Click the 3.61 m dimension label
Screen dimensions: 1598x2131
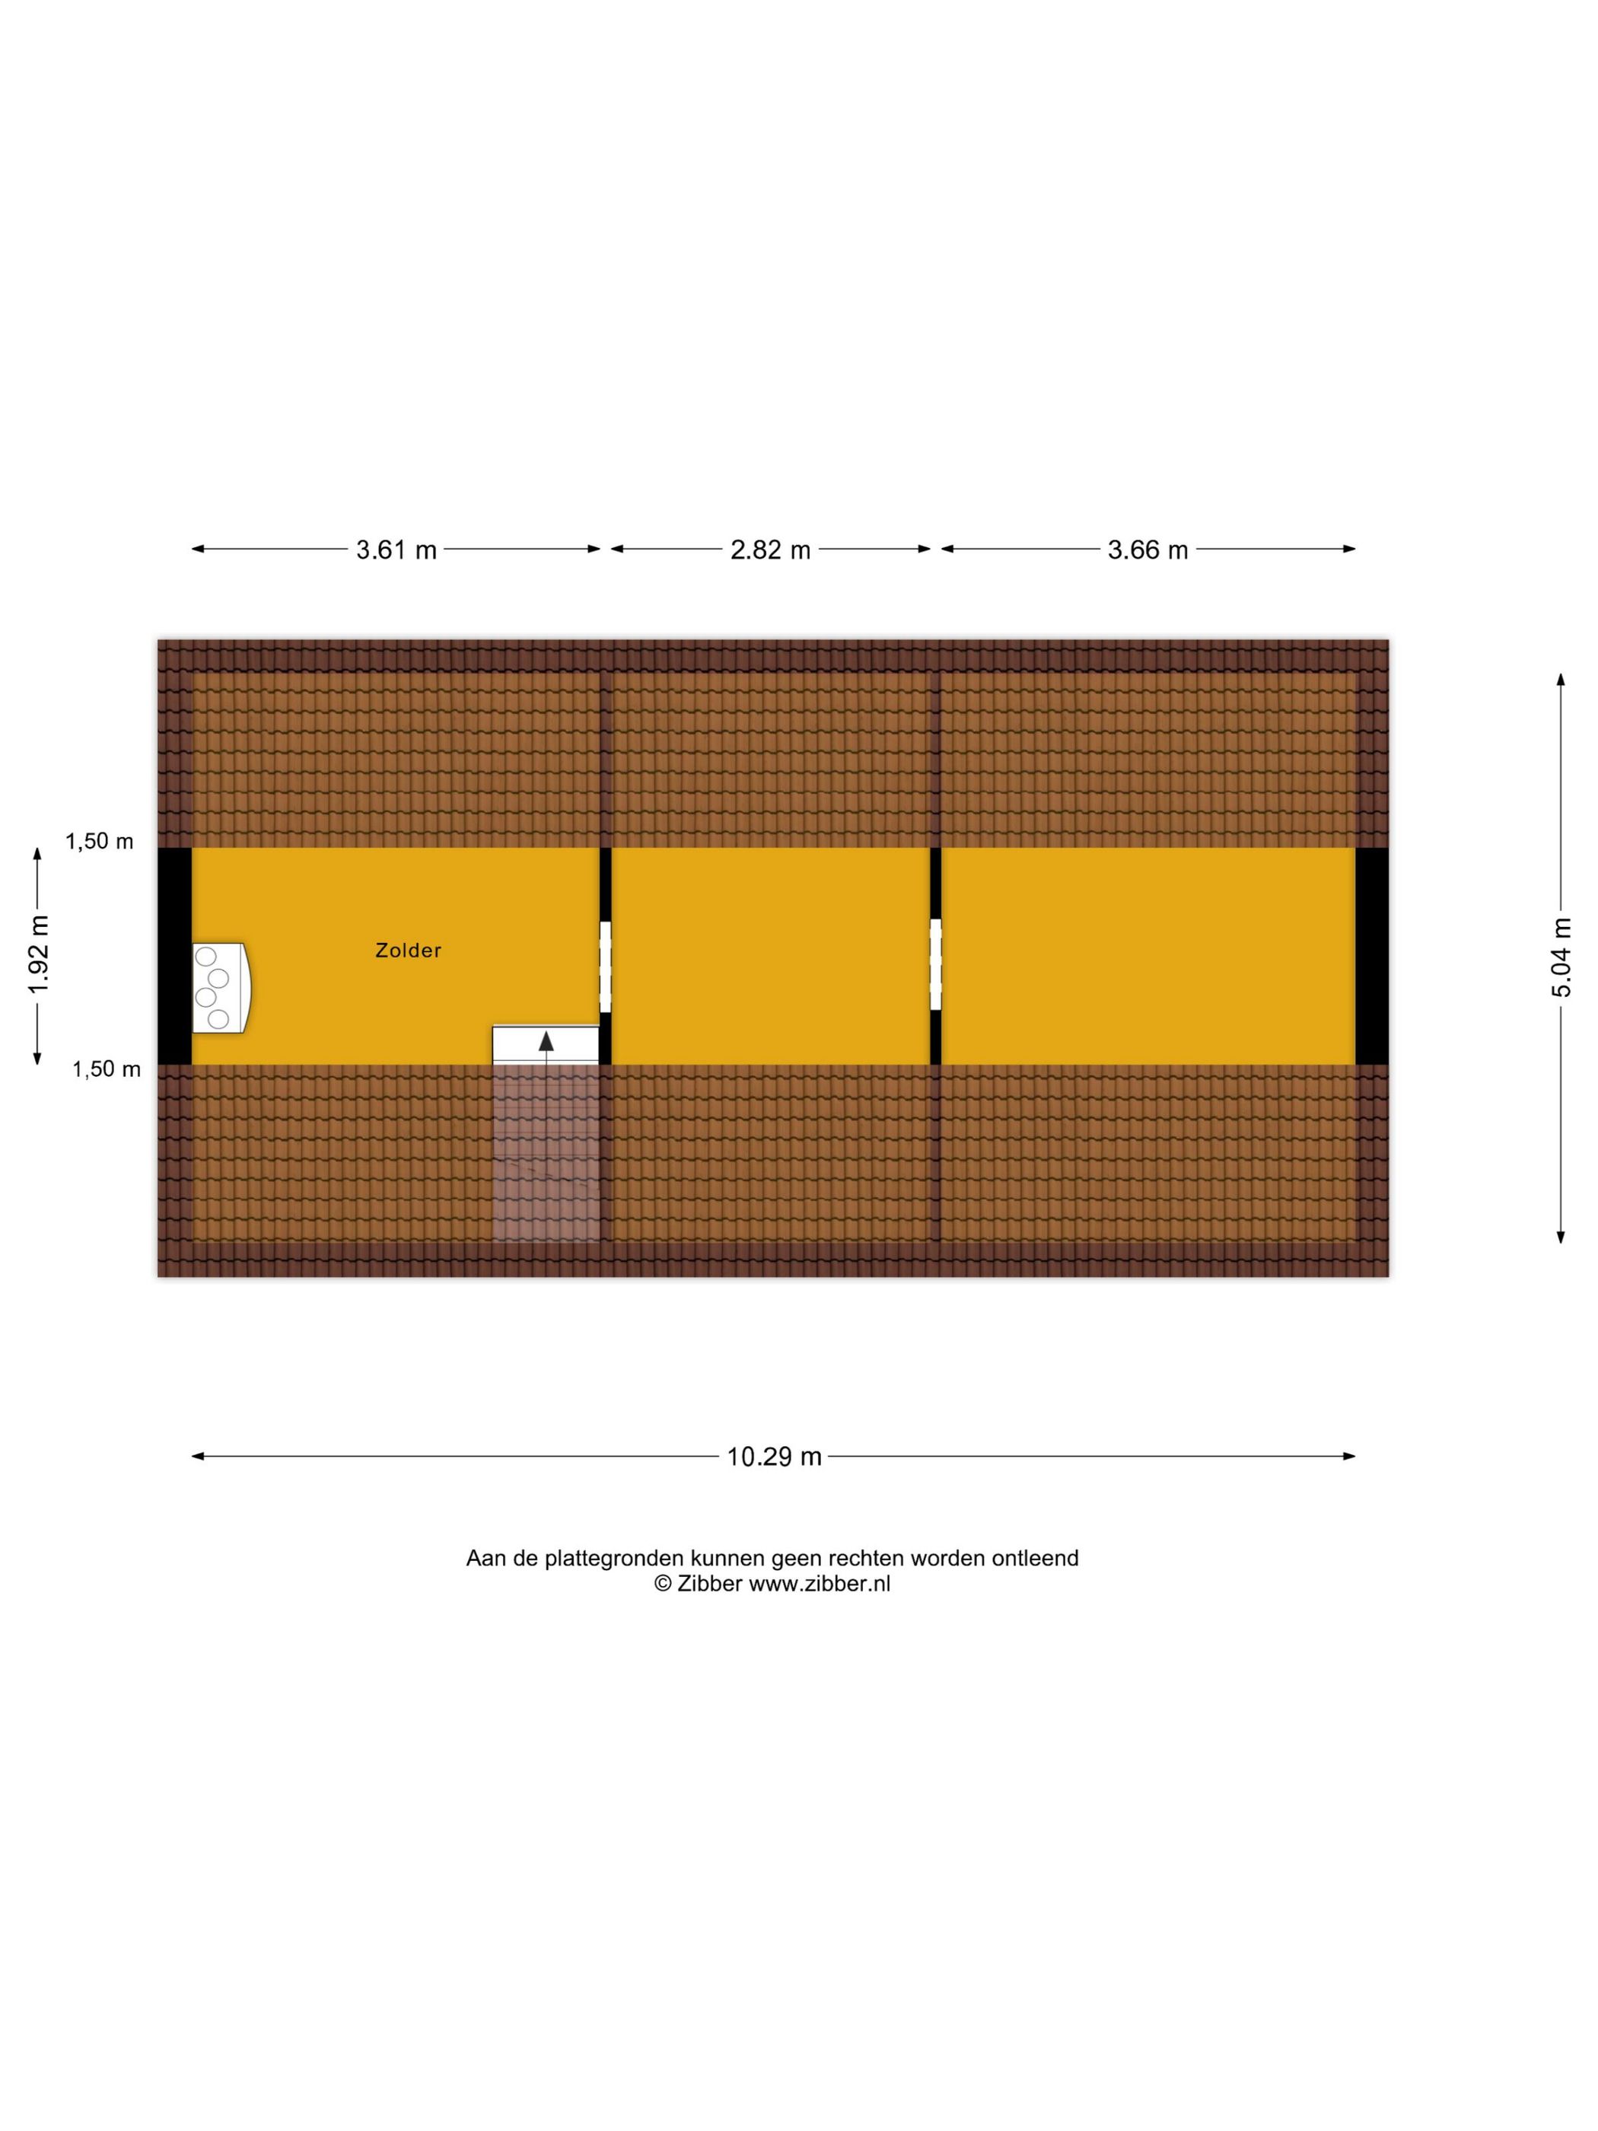click(x=396, y=550)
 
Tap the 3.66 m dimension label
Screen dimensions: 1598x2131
click(x=1148, y=550)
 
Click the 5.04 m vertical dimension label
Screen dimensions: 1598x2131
click(x=1561, y=957)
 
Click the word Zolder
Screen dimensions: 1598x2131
click(x=409, y=951)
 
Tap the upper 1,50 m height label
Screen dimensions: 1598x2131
click(x=99, y=842)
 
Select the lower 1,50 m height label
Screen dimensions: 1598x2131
click(x=106, y=1069)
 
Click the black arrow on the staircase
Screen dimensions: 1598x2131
click(x=546, y=1041)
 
